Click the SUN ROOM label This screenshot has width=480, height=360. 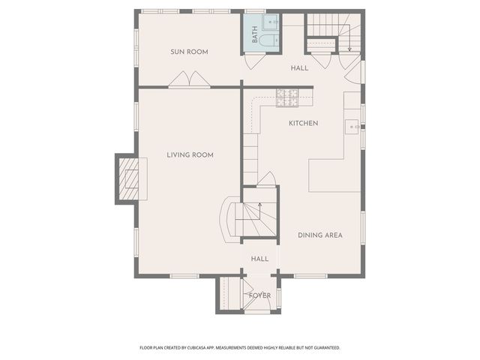point(188,52)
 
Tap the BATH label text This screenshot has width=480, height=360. point(255,34)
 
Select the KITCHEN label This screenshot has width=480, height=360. point(303,123)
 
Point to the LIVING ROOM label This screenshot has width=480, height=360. point(190,155)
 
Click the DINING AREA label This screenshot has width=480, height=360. point(319,235)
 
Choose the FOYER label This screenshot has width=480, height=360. point(259,295)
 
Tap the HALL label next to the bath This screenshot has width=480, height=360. point(299,68)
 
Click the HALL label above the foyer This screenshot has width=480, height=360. point(259,259)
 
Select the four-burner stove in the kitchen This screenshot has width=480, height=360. point(287,97)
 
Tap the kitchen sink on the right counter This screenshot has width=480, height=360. point(352,127)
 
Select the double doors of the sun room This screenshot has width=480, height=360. point(189,79)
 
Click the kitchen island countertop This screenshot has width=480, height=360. point(334,175)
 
